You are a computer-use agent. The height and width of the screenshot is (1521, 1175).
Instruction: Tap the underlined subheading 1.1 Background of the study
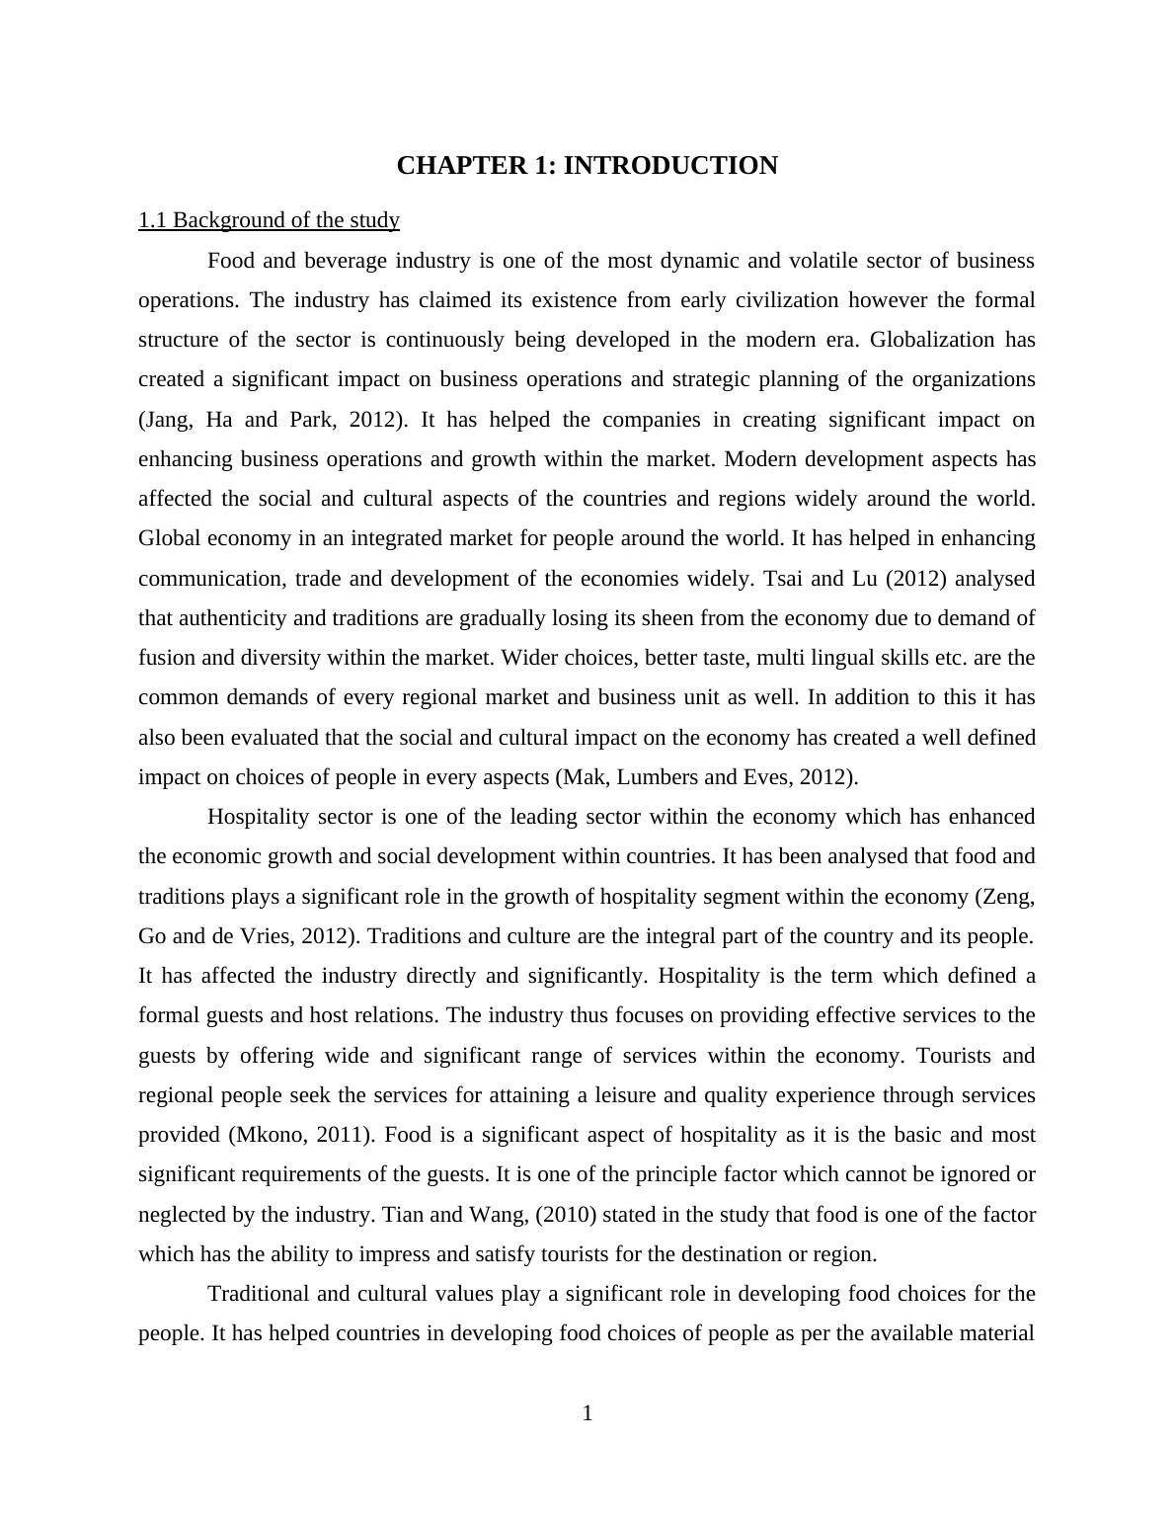click(x=269, y=220)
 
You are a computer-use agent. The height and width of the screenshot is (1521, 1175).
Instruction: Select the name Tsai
click(x=786, y=579)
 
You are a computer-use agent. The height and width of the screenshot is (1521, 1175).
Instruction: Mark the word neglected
click(x=183, y=1215)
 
